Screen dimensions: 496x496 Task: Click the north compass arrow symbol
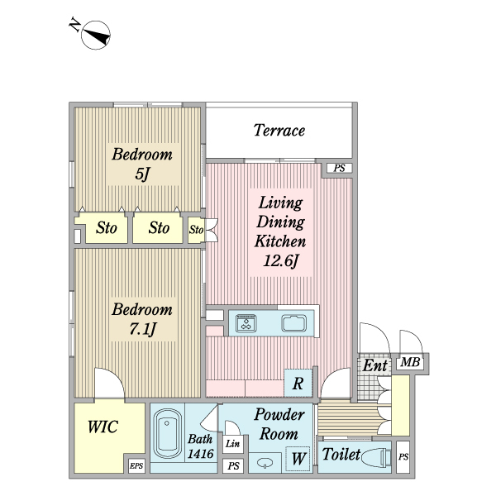pyautogui.click(x=98, y=34)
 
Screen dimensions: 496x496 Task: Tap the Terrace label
pyautogui.click(x=279, y=131)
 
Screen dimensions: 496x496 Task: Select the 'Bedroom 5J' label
pyautogui.click(x=142, y=164)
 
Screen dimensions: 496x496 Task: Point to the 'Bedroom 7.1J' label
pyautogui.click(x=142, y=320)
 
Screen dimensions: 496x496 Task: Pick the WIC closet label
pyautogui.click(x=103, y=427)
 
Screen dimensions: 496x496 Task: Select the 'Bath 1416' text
pyautogui.click(x=201, y=447)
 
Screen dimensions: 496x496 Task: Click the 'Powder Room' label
pyautogui.click(x=279, y=423)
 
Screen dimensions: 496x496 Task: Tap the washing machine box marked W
pyautogui.click(x=295, y=457)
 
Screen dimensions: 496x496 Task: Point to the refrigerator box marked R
pyautogui.click(x=297, y=383)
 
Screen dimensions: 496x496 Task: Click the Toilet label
pyautogui.click(x=341, y=455)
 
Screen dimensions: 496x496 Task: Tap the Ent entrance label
pyautogui.click(x=374, y=365)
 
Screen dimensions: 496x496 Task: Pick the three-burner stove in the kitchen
pyautogui.click(x=247, y=323)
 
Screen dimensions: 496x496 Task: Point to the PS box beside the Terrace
pyautogui.click(x=338, y=169)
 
